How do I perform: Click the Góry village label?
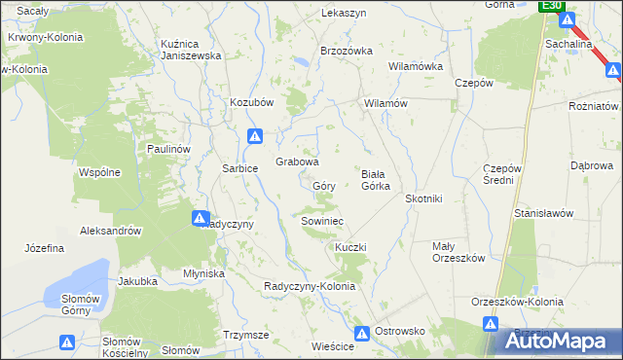(x=324, y=185)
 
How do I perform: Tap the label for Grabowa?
(x=297, y=162)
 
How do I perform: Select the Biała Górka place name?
(x=376, y=179)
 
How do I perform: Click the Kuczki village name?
(x=350, y=247)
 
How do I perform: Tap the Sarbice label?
(x=240, y=168)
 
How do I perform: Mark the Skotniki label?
(x=423, y=198)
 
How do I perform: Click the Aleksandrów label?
(x=112, y=232)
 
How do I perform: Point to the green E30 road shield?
(x=552, y=6)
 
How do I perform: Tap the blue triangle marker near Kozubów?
(x=255, y=137)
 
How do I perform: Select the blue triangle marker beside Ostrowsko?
(x=362, y=333)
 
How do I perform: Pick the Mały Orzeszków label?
(x=458, y=252)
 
